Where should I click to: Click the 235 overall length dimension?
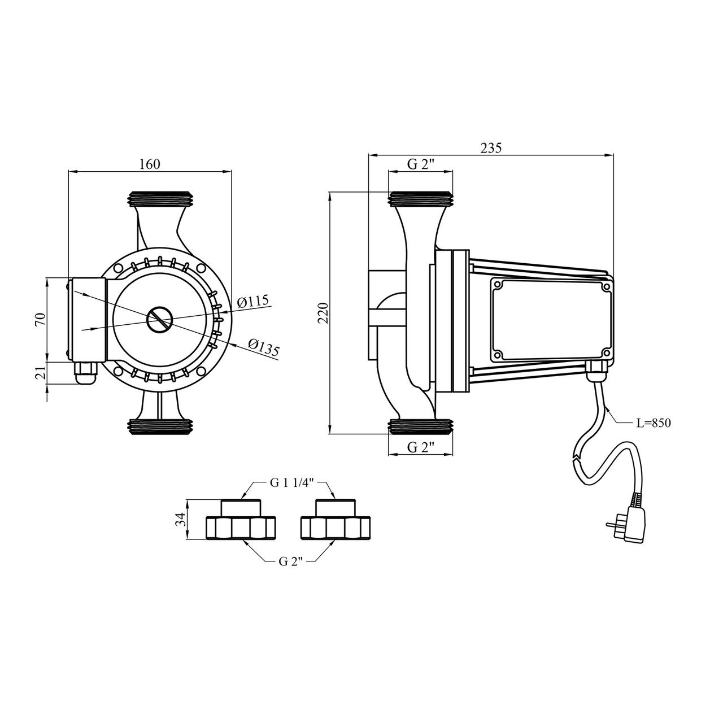tap(491, 148)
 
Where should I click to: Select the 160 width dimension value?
tap(150, 164)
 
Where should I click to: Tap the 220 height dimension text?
tap(323, 312)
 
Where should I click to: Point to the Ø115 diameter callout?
tap(254, 300)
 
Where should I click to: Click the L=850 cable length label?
tap(653, 424)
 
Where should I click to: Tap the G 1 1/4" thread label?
tap(286, 484)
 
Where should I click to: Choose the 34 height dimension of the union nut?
tap(181, 519)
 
